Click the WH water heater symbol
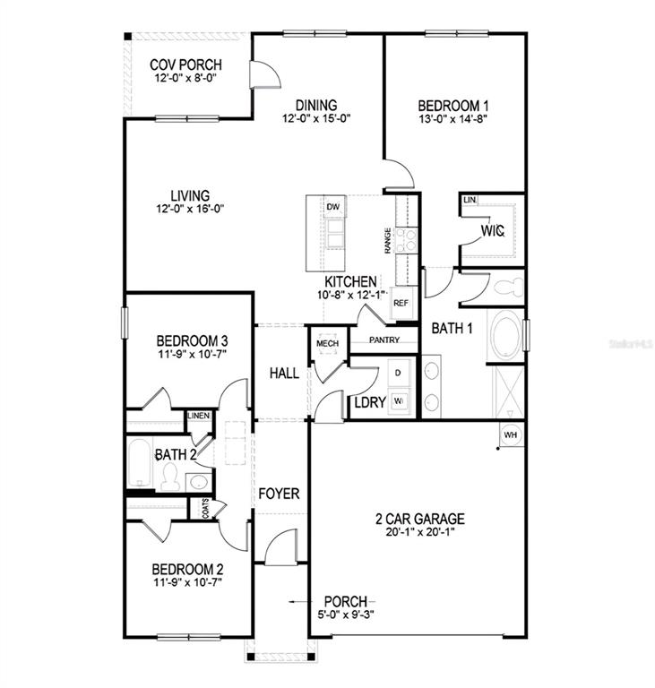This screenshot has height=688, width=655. pos(511,434)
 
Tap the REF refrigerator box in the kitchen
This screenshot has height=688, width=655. pos(401,303)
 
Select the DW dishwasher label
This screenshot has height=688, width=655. pos(333,207)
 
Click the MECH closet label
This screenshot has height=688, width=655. pos(328,343)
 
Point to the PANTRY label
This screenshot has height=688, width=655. pos(384,340)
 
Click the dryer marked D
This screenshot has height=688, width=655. pos(398,374)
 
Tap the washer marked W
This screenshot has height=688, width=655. pos(398,401)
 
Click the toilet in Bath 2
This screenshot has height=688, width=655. pos(170,477)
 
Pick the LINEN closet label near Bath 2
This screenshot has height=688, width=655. pos(199,416)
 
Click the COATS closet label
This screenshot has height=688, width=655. pos(206,509)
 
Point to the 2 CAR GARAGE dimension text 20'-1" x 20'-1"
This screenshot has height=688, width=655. pos(419,532)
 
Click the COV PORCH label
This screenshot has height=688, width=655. pos(185,64)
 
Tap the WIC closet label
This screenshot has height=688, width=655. pos(493,231)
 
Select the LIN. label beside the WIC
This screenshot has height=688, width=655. pos(470,200)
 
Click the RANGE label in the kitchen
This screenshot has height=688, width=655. pos(388,240)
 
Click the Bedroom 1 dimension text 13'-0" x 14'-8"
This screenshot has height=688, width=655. pos(453,119)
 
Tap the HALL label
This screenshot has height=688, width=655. pos(284,374)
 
